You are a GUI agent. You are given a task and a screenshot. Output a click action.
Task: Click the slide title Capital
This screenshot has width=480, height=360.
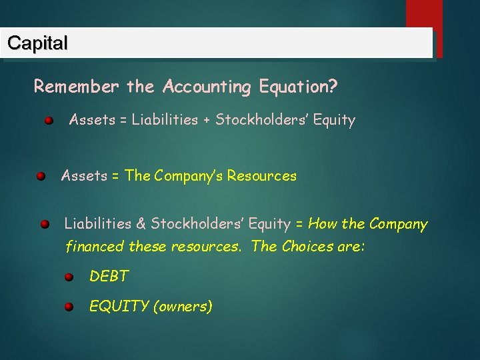(x=37, y=43)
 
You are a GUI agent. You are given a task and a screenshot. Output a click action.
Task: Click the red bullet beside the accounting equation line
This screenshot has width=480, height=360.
(x=49, y=121)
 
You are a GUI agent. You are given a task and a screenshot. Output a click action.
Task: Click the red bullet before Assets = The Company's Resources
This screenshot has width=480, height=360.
(x=41, y=177)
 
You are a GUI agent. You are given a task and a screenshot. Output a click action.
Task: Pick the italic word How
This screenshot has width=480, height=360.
(x=323, y=223)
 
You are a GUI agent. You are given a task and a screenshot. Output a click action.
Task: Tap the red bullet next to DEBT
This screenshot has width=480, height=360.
(x=69, y=277)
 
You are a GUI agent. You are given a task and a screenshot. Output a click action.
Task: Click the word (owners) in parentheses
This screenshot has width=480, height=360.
(x=183, y=307)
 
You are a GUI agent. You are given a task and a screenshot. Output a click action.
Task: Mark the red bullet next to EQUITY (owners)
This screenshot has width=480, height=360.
(x=69, y=307)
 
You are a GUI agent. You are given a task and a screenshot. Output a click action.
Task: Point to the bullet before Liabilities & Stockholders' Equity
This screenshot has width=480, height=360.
(x=44, y=224)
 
